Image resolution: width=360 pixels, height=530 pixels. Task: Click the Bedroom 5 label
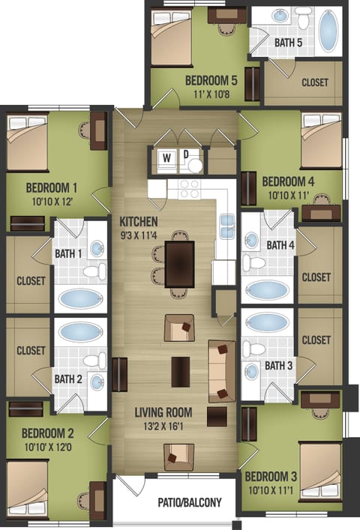click(211, 80)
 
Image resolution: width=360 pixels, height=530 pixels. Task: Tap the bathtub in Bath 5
click(328, 31)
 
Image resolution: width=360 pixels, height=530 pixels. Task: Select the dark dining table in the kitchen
click(180, 264)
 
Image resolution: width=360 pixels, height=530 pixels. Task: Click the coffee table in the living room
click(180, 371)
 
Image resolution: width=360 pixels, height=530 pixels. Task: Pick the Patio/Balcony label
click(189, 502)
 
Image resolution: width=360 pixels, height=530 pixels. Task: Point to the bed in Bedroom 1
click(27, 142)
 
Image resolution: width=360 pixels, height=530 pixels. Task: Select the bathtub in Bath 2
click(81, 331)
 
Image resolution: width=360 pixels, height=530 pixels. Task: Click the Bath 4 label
click(280, 245)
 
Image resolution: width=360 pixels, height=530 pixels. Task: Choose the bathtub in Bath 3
click(268, 322)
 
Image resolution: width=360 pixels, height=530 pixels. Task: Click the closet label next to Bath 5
click(314, 82)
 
